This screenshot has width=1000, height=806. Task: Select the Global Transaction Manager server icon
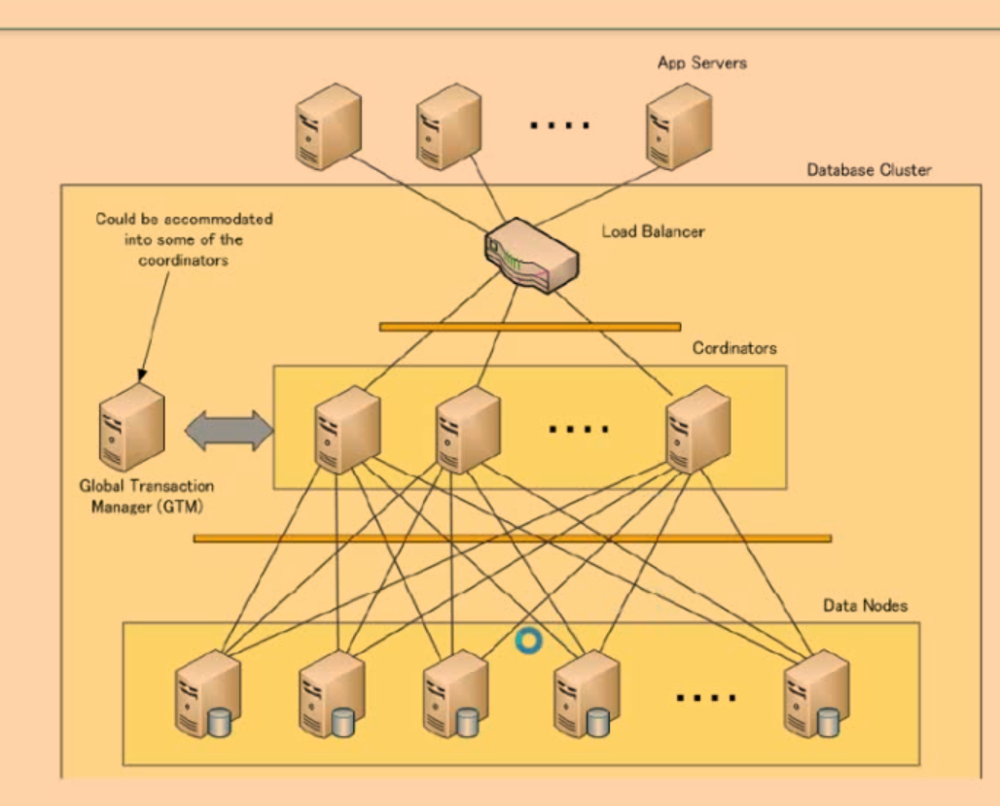coord(132,428)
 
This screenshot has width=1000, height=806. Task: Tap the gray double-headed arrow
coord(230,430)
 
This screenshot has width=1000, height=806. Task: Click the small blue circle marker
coord(528,641)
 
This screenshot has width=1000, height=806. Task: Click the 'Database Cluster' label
coord(869,170)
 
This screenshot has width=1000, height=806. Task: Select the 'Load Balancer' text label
coord(653,232)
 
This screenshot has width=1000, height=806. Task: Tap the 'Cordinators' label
coord(734,347)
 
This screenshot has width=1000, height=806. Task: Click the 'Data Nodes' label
coord(865,606)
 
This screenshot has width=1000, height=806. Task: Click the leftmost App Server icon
coord(328,127)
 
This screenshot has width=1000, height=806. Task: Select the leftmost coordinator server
coord(347,430)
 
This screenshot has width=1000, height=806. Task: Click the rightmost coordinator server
coord(696,430)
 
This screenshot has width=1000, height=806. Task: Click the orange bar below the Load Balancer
coord(530,327)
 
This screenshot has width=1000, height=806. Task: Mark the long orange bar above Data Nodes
coord(512,538)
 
